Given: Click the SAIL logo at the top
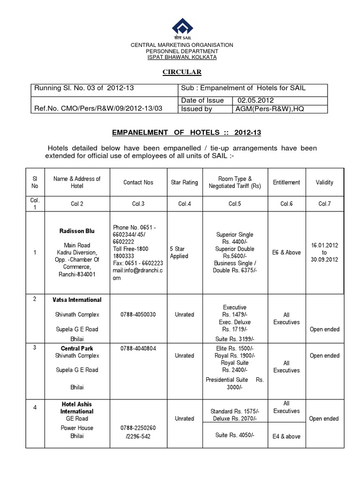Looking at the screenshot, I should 181,28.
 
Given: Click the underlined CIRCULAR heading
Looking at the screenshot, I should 181,72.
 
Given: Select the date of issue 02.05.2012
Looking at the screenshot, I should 255,100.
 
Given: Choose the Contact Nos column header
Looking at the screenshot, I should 139,182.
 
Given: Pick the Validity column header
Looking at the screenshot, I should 324,182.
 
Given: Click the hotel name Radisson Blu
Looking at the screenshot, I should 77,231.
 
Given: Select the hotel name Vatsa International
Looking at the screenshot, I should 77,300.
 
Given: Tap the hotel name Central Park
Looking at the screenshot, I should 77,348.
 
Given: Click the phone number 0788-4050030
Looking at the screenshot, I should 138,315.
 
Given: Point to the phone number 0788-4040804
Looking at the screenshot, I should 138,348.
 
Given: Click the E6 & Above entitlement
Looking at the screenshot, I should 286,253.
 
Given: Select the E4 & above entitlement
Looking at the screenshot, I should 286,436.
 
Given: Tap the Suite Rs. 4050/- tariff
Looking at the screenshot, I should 234,435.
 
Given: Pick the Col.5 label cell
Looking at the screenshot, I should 235,204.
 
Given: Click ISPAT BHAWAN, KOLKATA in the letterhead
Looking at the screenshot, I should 181,57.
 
